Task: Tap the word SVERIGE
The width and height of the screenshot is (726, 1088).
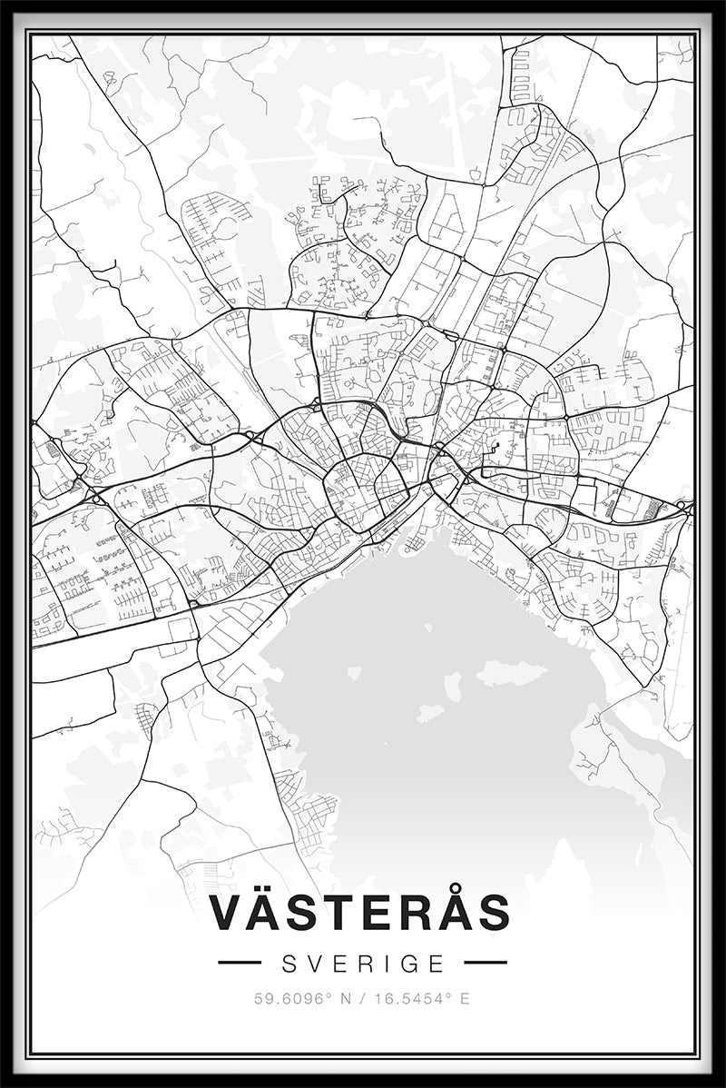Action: (x=363, y=963)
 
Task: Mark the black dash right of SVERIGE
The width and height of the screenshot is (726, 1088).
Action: (x=486, y=963)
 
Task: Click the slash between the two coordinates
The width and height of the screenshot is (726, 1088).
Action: (x=363, y=999)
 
